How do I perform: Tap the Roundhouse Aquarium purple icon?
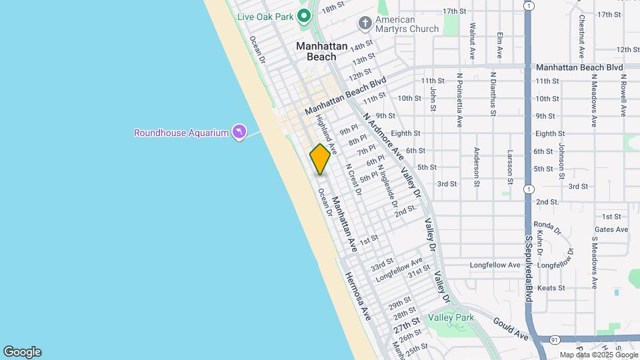(x=238, y=132)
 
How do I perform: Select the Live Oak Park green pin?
(x=304, y=15)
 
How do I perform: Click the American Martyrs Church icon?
(x=365, y=24)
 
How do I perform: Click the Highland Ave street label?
(x=326, y=135)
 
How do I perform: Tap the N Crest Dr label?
(x=353, y=179)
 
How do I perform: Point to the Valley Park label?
(x=451, y=317)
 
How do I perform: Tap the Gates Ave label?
(x=611, y=229)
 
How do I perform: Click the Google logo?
(x=22, y=352)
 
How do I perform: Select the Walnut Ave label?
(x=471, y=41)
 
